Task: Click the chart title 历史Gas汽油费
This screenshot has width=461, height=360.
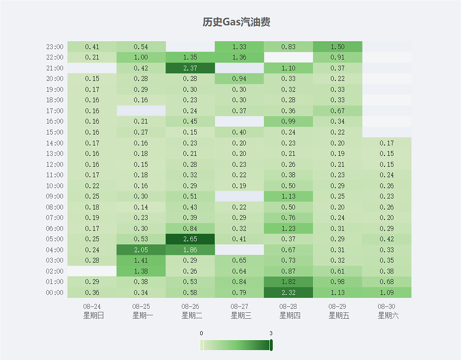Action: tap(236, 22)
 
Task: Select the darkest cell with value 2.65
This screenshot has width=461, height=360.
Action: tap(190, 239)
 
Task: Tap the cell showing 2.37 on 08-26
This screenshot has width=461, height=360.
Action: tap(190, 68)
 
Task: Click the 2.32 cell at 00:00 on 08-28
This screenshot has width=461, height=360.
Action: tap(288, 292)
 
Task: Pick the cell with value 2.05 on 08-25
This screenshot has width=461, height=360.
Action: tap(141, 250)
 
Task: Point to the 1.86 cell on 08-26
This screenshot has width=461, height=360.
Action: tap(190, 250)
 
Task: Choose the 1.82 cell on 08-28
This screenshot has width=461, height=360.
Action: tap(288, 282)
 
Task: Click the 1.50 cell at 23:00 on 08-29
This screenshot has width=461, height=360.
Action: tap(337, 47)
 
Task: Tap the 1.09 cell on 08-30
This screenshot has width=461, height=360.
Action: tap(386, 292)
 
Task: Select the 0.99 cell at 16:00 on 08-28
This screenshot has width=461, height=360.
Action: tap(288, 121)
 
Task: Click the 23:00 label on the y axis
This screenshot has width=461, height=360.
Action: tap(55, 47)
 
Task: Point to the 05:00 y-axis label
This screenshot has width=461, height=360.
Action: tap(55, 239)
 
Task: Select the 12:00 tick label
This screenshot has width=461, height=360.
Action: tap(55, 164)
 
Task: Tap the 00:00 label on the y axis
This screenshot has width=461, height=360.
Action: tap(55, 293)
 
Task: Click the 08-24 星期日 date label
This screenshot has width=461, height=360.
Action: tap(92, 311)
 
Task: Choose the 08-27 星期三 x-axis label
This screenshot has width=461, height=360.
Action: tap(239, 311)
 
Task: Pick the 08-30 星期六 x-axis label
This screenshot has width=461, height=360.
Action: tap(386, 311)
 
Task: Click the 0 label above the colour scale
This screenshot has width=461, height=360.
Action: tap(201, 333)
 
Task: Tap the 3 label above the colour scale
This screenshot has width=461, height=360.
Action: tap(271, 333)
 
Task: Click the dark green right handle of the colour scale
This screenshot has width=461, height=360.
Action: tap(271, 345)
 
